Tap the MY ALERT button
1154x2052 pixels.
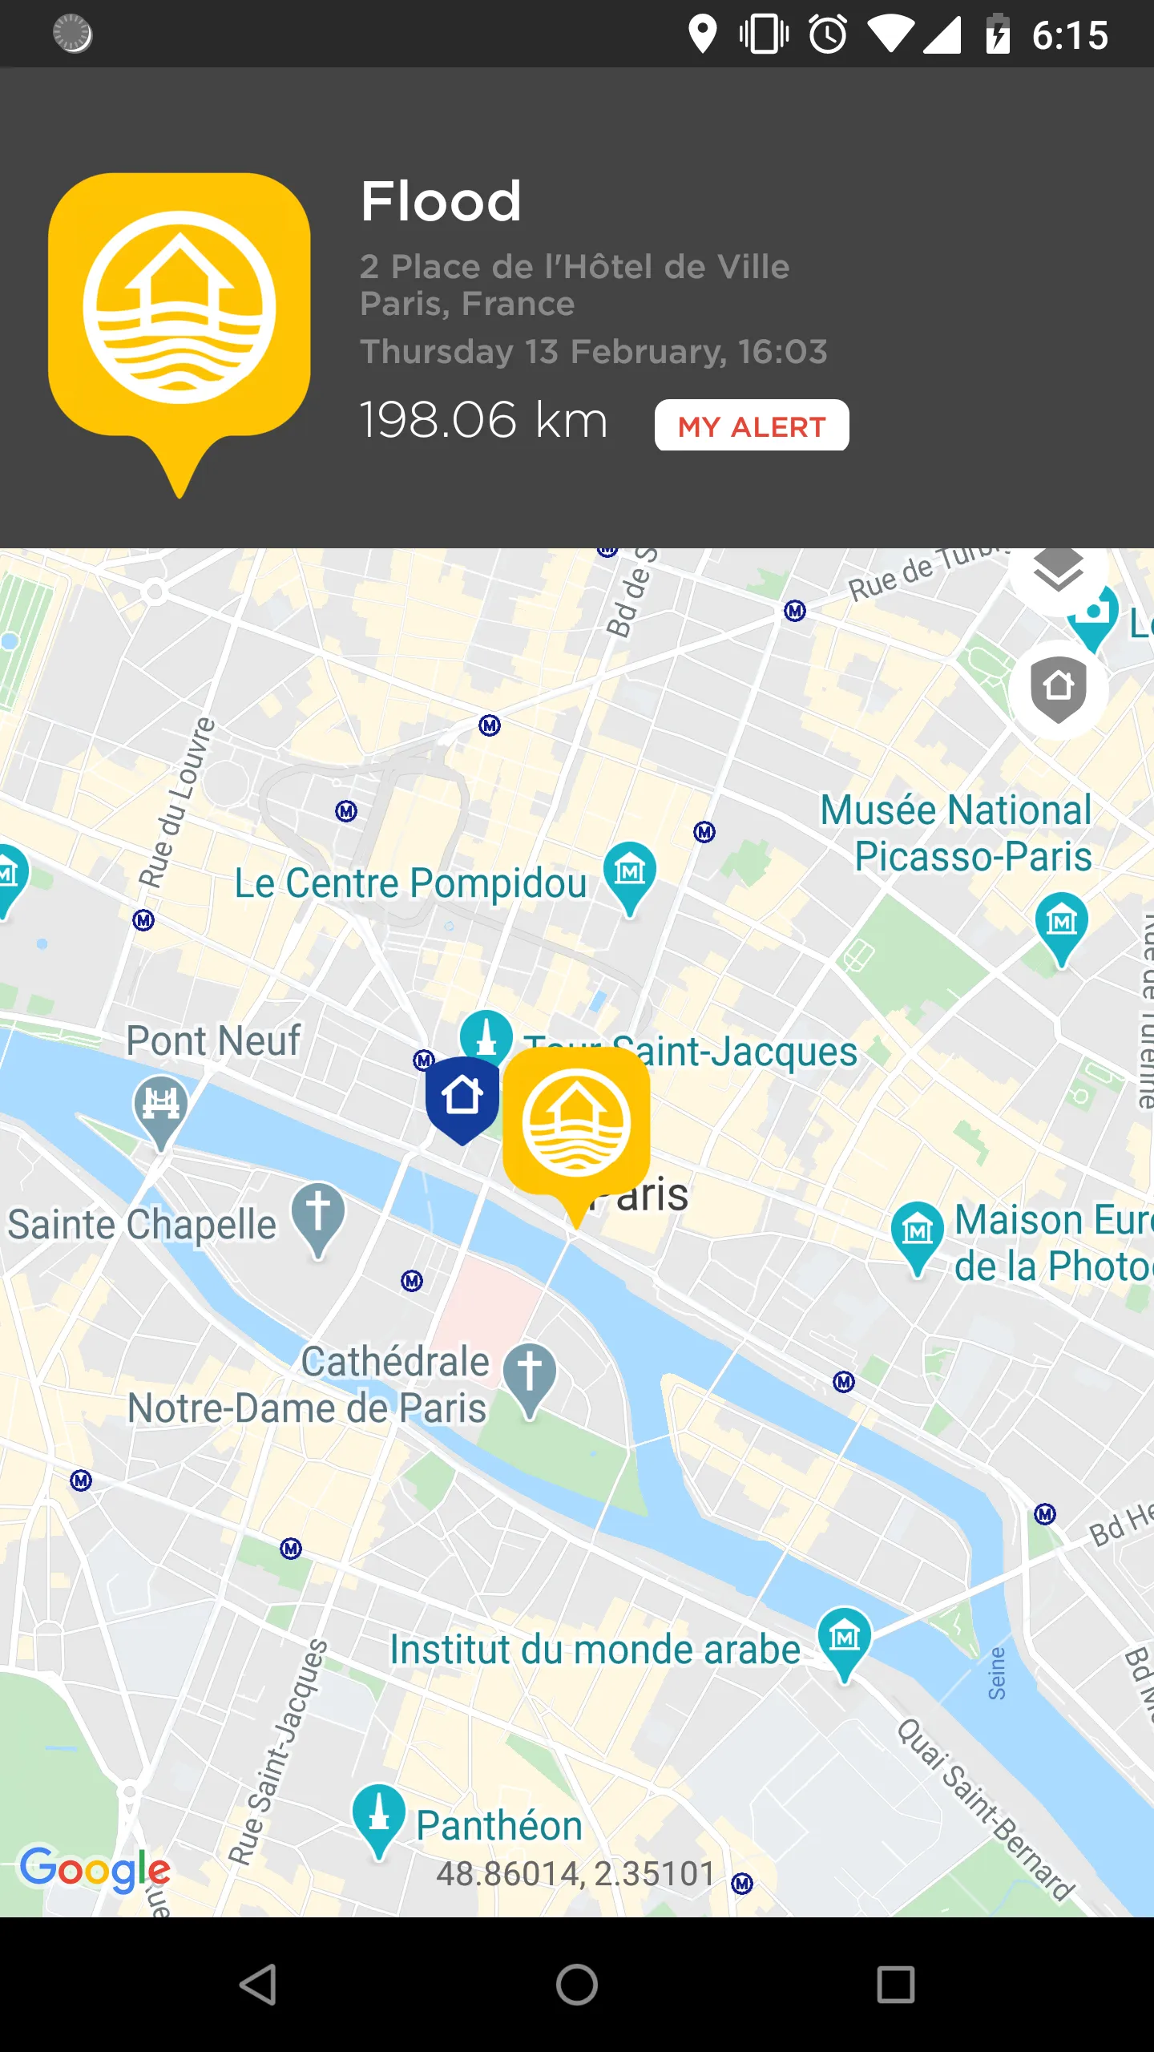(x=752, y=426)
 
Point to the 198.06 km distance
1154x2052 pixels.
(x=483, y=419)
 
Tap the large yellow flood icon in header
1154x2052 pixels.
(x=180, y=313)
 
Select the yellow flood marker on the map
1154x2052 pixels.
(x=576, y=1126)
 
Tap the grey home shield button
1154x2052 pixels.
(x=1058, y=689)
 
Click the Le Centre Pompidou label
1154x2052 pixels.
(x=410, y=883)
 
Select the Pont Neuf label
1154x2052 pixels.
(x=213, y=1040)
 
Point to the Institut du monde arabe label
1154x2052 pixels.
(x=595, y=1650)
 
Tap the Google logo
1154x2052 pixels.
(x=95, y=1869)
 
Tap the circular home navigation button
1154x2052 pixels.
(x=577, y=1985)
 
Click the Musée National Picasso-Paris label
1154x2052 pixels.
(x=957, y=833)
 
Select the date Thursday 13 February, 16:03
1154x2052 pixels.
(x=594, y=352)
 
